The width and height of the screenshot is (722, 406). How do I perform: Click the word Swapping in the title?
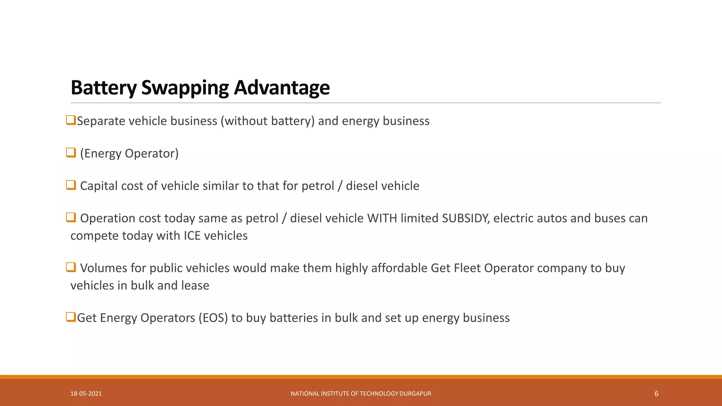pyautogui.click(x=185, y=87)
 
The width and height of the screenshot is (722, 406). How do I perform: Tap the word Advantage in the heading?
pyautogui.click(x=282, y=87)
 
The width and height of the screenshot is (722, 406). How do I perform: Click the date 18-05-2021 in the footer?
pyautogui.click(x=86, y=394)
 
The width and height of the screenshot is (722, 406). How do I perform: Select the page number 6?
pyautogui.click(x=656, y=394)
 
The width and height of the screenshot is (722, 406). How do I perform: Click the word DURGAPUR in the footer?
pyautogui.click(x=415, y=394)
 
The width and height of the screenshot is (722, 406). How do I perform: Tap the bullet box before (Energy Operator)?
pyautogui.click(x=71, y=153)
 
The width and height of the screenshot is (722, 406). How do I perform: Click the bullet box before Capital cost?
pyautogui.click(x=71, y=185)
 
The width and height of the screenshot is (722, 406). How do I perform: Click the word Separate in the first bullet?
pyautogui.click(x=101, y=121)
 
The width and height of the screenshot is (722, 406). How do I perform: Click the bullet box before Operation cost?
pyautogui.click(x=71, y=217)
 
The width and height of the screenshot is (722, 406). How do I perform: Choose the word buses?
pyautogui.click(x=610, y=218)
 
